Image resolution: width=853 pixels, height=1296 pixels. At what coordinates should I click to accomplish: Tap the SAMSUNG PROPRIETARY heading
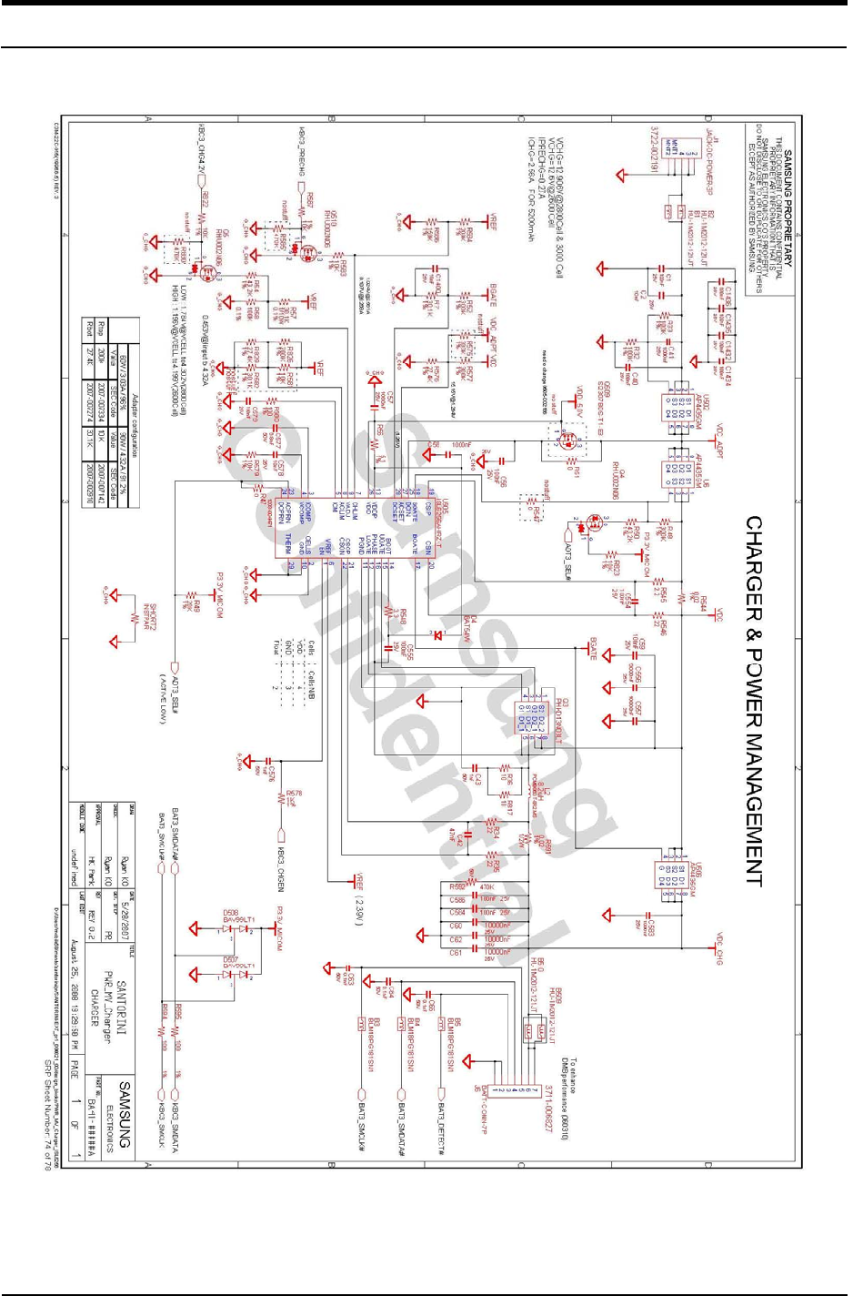click(788, 209)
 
